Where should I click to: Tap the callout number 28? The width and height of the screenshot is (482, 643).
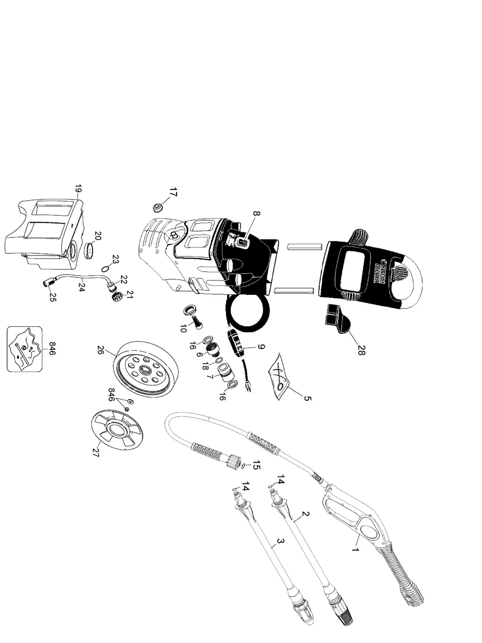tap(362, 350)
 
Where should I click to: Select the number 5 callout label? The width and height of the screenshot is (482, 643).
tap(308, 398)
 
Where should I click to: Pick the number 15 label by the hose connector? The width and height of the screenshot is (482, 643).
tap(256, 465)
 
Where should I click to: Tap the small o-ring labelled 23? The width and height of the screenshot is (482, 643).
tap(106, 268)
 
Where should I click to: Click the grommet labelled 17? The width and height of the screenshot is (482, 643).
tap(158, 207)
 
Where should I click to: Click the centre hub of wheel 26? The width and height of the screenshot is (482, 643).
tap(145, 370)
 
